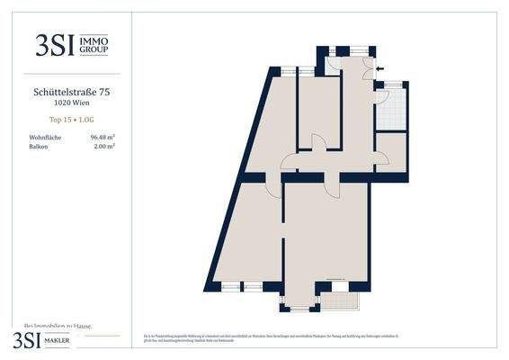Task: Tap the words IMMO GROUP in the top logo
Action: pyautogui.click(x=94, y=45)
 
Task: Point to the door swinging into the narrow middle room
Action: pyautogui.click(x=317, y=141)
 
